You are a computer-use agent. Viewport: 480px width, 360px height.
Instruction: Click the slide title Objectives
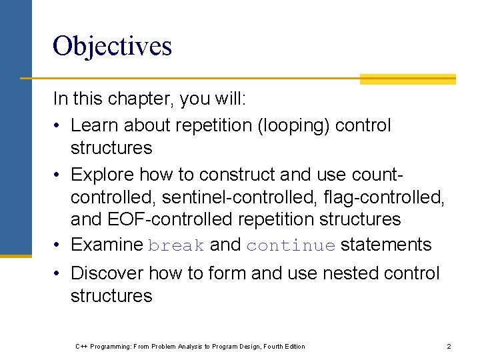pyautogui.click(x=112, y=46)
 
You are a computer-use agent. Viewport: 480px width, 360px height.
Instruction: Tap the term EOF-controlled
pyautogui.click(x=177, y=219)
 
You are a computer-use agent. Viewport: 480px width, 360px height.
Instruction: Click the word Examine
pyautogui.click(x=107, y=245)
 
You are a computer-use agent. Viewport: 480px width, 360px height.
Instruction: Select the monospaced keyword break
pyautogui.click(x=177, y=246)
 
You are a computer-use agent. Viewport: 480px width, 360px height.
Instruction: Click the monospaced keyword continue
pyautogui.click(x=291, y=246)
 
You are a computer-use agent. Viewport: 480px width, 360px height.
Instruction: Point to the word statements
pyautogui.click(x=386, y=245)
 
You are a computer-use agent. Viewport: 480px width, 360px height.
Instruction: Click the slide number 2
pyautogui.click(x=449, y=346)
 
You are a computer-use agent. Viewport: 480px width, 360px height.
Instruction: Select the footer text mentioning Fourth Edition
pyautogui.click(x=190, y=346)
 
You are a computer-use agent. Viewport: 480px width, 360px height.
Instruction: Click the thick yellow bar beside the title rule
pyautogui.click(x=407, y=79)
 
